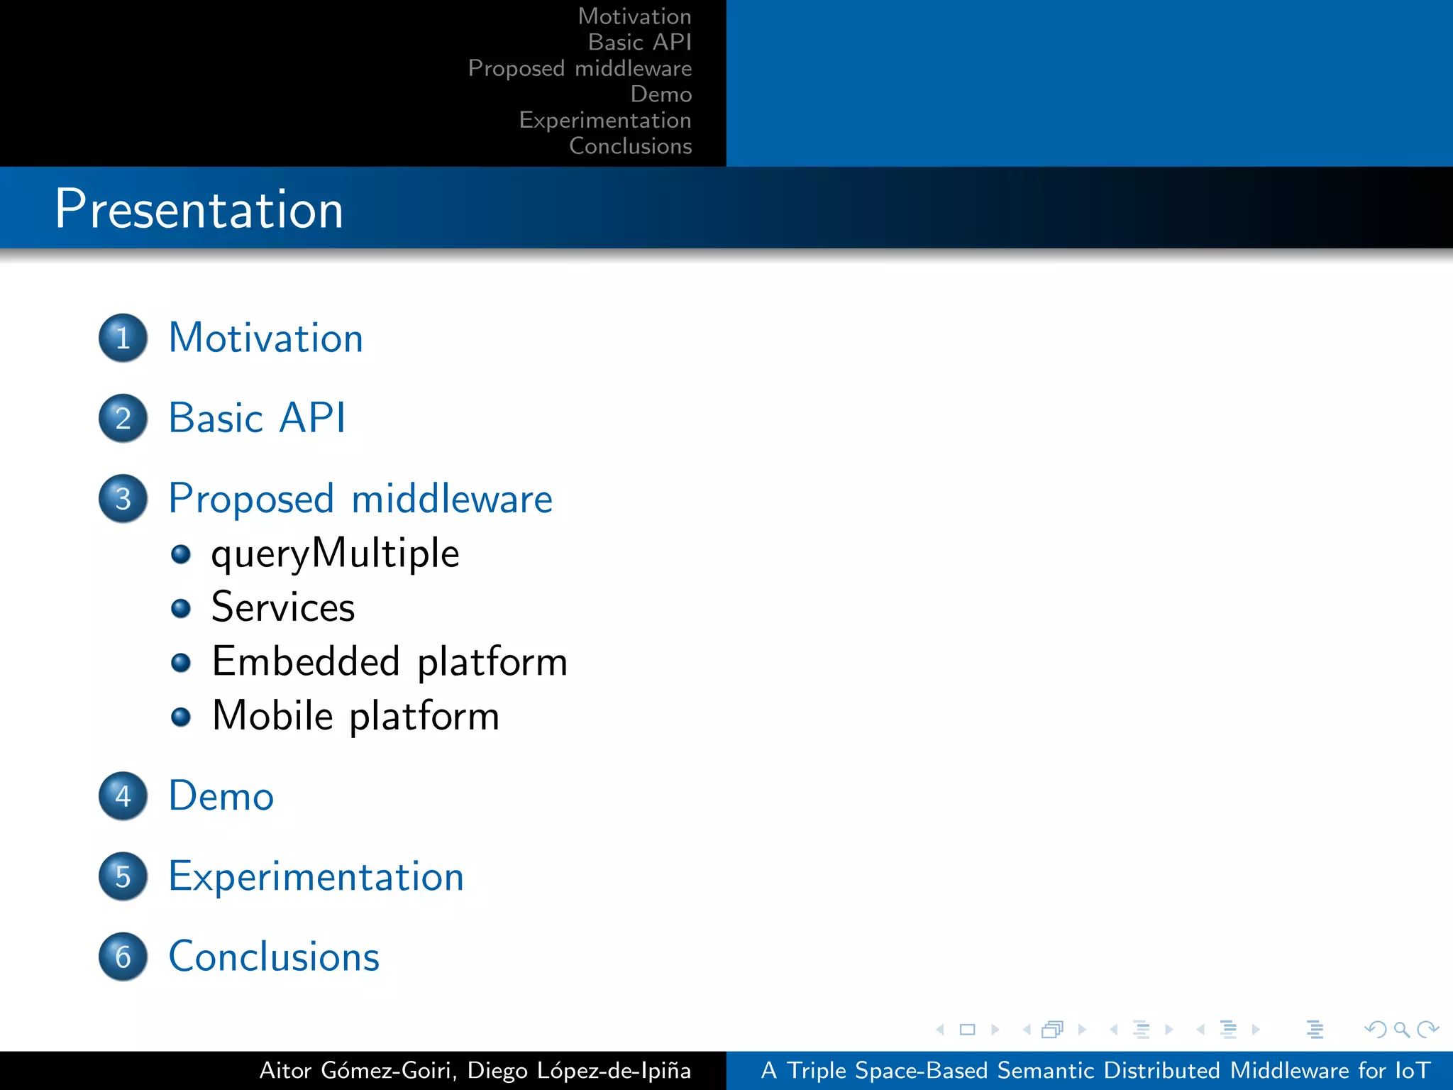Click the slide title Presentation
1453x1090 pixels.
199,209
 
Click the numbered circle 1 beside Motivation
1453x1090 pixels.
123,338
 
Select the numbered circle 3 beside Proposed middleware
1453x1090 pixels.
123,499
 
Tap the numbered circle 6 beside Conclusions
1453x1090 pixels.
123,957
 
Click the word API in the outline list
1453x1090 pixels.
312,417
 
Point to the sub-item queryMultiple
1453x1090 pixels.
335,554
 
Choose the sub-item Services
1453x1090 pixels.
283,607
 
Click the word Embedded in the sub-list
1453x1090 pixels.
306,661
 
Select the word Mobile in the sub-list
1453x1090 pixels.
272,715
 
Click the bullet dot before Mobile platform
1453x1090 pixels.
181,717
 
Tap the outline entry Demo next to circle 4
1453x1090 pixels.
221,796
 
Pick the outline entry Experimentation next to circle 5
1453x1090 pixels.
316,876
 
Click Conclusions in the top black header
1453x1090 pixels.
630,146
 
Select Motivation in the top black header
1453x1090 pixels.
634,16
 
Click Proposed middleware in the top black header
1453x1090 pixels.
580,68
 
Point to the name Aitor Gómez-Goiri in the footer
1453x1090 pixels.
355,1070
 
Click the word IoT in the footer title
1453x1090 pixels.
1412,1070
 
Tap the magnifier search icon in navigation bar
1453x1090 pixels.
1401,1029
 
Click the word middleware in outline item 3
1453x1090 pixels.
452,499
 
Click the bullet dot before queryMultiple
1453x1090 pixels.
181,554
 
